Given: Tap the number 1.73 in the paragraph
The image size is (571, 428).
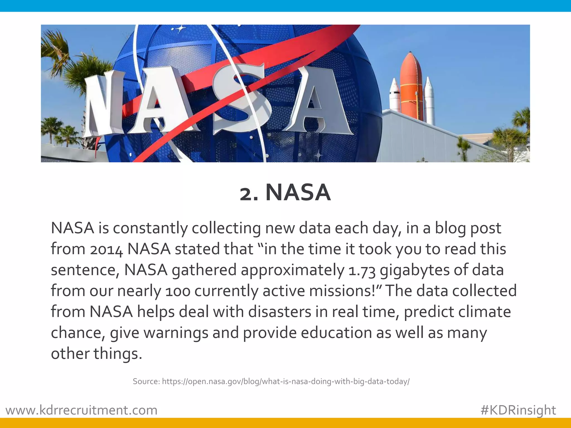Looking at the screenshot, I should (362, 271).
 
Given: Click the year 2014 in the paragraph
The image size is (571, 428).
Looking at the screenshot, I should (106, 249).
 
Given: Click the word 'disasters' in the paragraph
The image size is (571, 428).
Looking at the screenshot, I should (279, 312).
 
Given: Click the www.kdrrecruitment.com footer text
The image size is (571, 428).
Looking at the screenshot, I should (81, 410).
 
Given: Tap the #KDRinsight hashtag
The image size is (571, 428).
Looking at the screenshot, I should (518, 410).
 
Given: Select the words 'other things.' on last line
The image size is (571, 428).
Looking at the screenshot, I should (96, 354).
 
